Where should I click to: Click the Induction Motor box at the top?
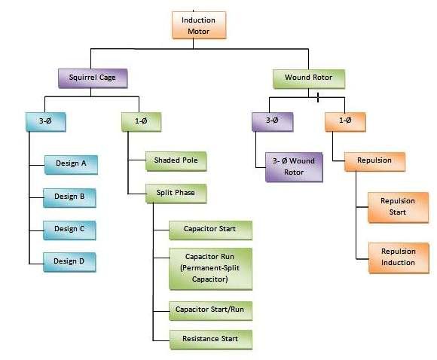[x=199, y=25]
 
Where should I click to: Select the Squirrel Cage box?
[x=93, y=78]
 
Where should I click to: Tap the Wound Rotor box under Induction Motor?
[x=309, y=78]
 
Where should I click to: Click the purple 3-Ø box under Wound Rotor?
[x=273, y=120]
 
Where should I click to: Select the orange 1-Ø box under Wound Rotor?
[x=345, y=120]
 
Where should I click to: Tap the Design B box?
[x=70, y=197]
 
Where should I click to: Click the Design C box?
[x=70, y=229]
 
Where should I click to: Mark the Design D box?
[x=70, y=261]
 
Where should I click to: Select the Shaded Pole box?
[x=175, y=160]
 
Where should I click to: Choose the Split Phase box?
[x=175, y=193]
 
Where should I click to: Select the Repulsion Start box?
[x=399, y=206]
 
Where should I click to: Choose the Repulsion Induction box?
[x=399, y=257]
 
